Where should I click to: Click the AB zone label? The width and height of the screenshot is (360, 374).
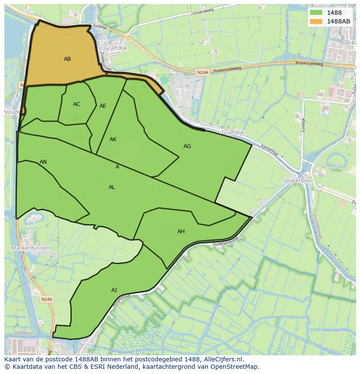click(67, 59)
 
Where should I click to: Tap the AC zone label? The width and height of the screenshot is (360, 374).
click(77, 104)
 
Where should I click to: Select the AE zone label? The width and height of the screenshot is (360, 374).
click(103, 106)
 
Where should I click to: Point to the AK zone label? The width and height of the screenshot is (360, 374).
click(113, 139)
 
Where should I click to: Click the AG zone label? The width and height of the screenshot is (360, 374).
click(187, 146)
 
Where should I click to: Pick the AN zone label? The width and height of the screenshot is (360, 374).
click(43, 162)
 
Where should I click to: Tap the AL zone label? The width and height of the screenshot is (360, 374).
click(112, 187)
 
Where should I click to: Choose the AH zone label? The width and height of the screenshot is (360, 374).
click(181, 232)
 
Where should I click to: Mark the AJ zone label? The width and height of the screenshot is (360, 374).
click(114, 290)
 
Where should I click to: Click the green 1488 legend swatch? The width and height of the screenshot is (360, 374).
click(317, 13)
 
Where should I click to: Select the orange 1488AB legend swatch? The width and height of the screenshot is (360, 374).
click(317, 21)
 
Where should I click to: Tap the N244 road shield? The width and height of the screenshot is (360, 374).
click(201, 73)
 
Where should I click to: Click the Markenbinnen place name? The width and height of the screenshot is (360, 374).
click(30, 248)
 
